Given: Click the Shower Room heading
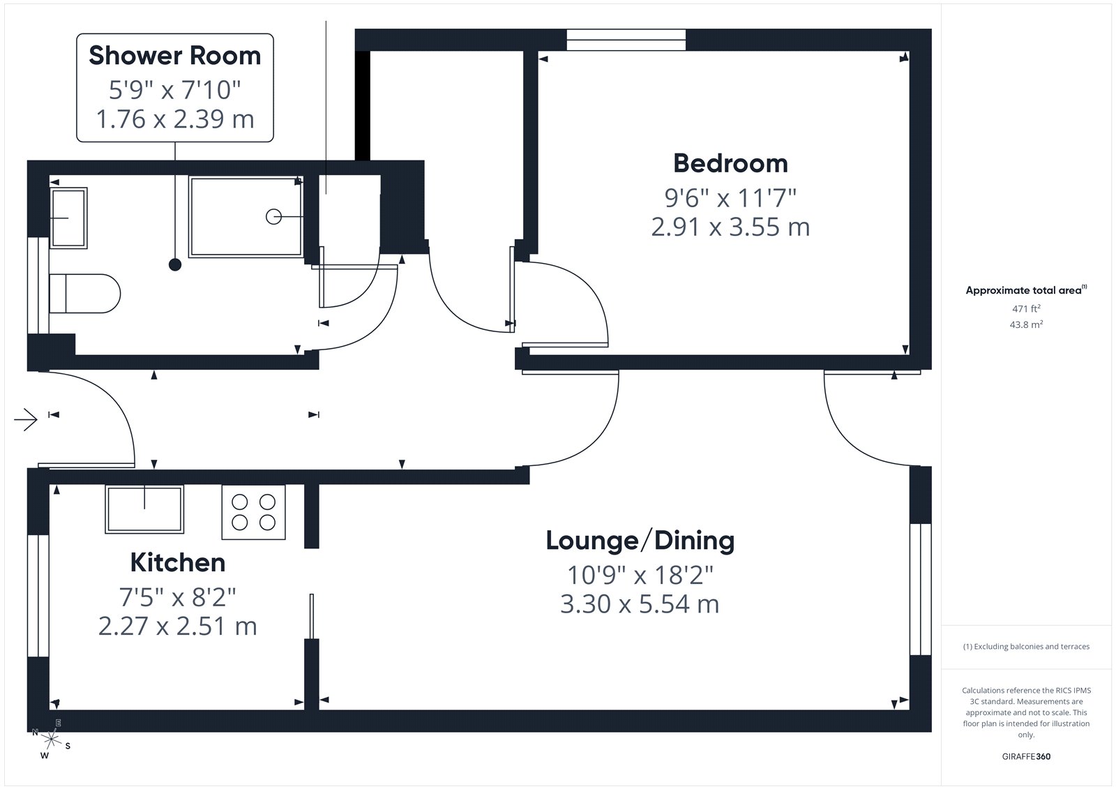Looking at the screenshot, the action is coord(175,55).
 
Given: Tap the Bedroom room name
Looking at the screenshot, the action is coord(730,163).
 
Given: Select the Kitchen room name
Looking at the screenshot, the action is coord(178,563).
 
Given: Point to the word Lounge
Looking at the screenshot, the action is coord(592,541).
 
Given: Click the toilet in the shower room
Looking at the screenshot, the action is coord(84,294).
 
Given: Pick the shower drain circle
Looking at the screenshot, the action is coord(273,217).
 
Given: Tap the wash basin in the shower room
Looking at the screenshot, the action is coord(69,218).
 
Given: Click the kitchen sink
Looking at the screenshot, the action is coord(144,509).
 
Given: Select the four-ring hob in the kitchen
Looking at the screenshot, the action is coord(254,512).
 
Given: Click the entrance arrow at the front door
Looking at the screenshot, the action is coord(26,419).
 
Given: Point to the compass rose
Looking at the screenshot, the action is coord(51,739).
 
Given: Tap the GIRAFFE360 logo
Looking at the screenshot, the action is coord(1026,756).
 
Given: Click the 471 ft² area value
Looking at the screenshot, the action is coord(1026,308).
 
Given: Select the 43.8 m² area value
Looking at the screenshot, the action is coord(1026,324).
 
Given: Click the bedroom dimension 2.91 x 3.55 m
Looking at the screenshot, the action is coord(730,227).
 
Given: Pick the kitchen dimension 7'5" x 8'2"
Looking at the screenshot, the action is coord(177,596).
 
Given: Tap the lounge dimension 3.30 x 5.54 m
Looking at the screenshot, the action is coord(640,604).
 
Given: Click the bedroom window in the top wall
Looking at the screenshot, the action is coord(626,40).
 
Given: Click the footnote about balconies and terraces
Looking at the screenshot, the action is coord(1026,647).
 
